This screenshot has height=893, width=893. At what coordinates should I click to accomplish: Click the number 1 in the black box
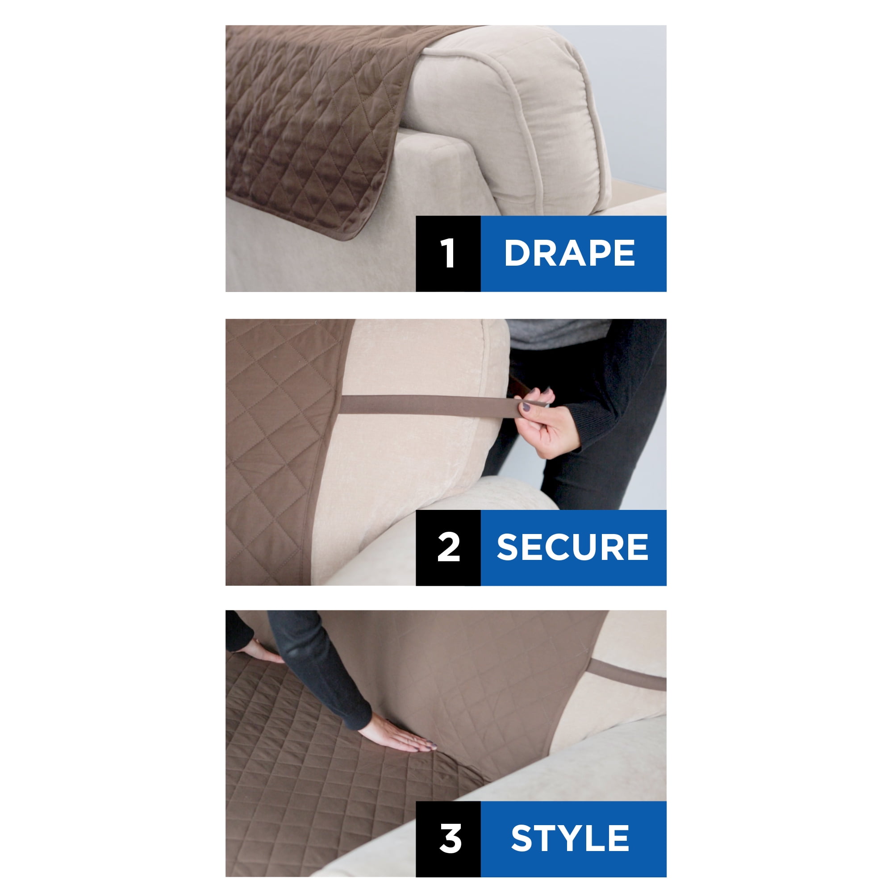pos(448,253)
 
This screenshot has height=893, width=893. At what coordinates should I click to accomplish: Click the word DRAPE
pos(569,253)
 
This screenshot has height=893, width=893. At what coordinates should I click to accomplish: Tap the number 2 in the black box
pos(448,547)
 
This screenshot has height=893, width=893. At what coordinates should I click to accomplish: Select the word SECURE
pos(572,547)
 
